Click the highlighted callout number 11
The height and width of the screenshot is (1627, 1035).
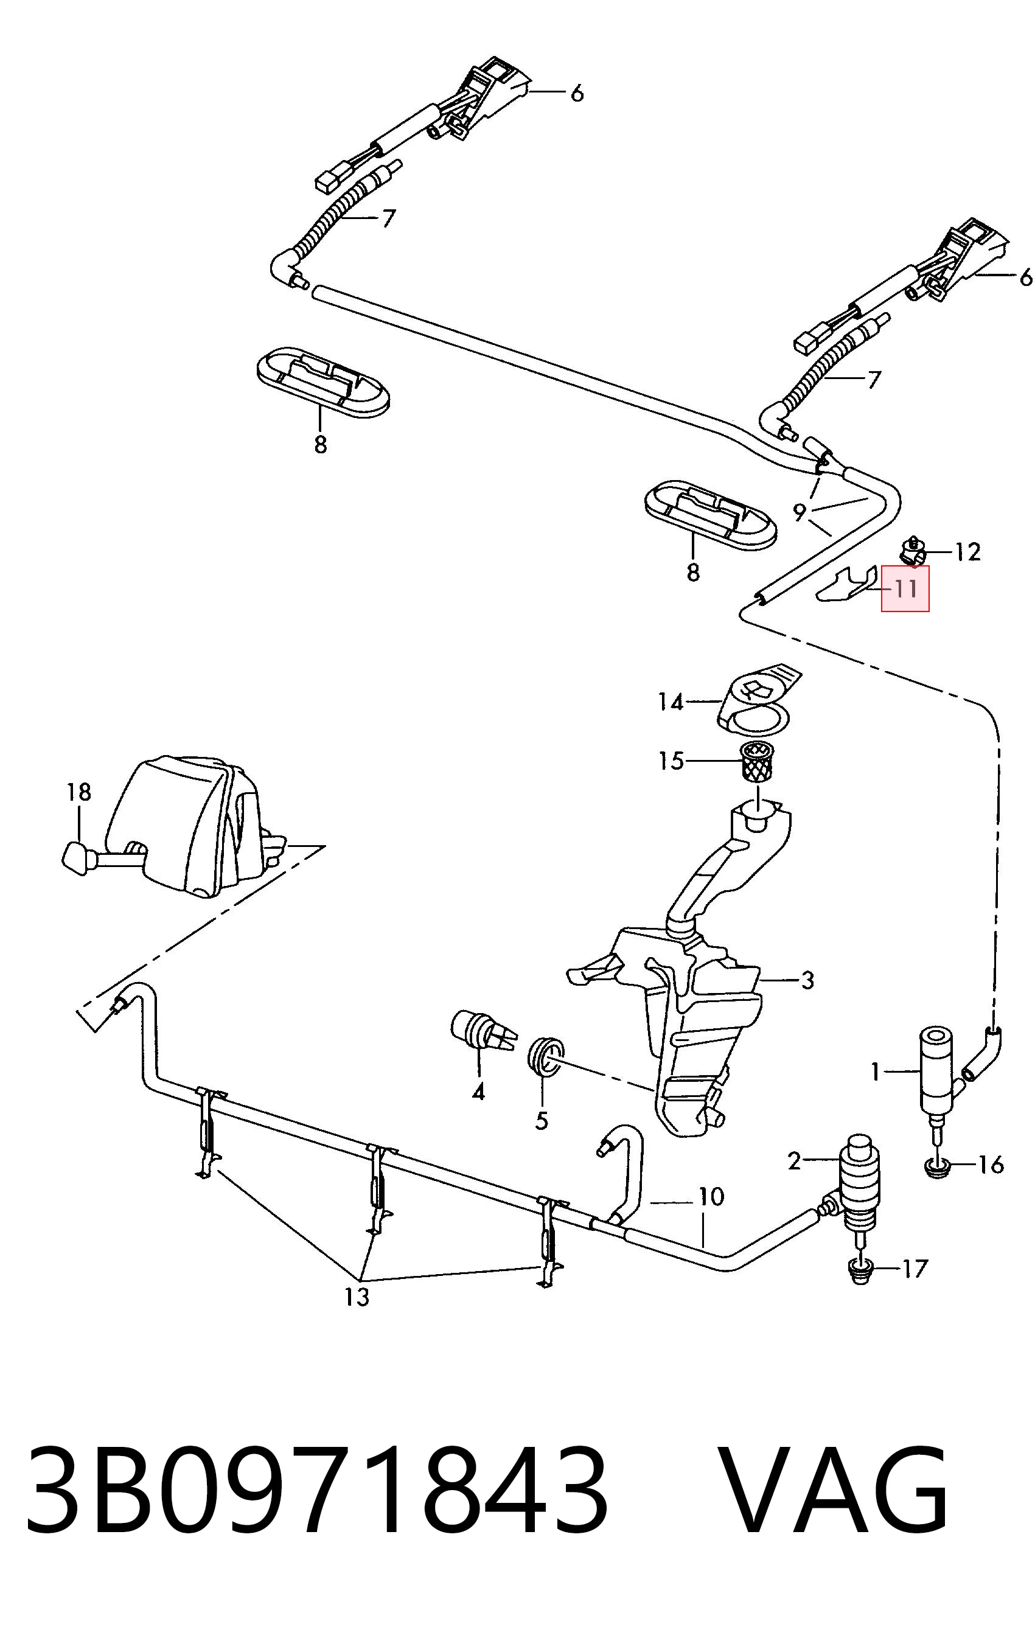(905, 589)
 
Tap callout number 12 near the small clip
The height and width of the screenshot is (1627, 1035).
(967, 552)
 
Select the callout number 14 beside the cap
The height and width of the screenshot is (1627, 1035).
(671, 702)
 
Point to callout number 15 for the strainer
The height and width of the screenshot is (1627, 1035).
(671, 761)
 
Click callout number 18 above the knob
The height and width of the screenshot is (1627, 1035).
(79, 791)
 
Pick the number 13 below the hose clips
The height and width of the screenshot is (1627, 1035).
(357, 1297)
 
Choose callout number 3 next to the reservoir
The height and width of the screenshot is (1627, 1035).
(807, 980)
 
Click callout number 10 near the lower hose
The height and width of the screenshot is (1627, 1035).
(711, 1197)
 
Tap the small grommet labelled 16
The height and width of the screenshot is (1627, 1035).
(936, 1168)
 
